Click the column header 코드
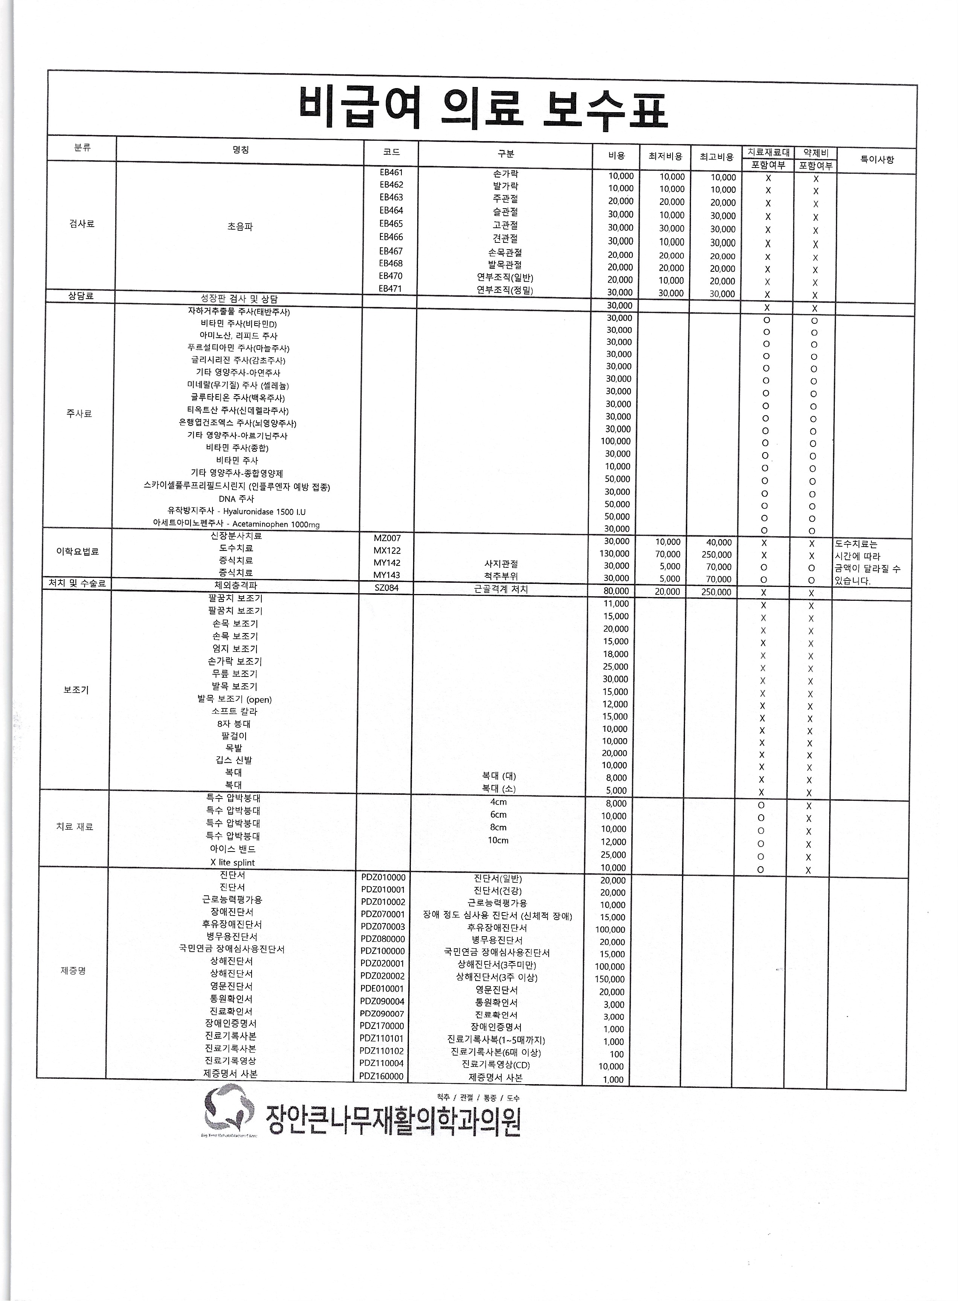pos(391,152)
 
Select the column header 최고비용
pos(717,157)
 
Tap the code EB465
pos(391,224)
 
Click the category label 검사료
pos(82,224)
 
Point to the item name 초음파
pos(240,226)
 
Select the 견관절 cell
pos(505,238)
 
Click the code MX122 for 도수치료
pos(387,550)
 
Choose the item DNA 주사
pos(236,498)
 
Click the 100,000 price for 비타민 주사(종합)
pos(616,441)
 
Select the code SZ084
pos(387,588)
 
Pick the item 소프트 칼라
pos(234,711)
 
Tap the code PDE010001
pos(382,989)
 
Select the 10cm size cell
pos(498,840)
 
